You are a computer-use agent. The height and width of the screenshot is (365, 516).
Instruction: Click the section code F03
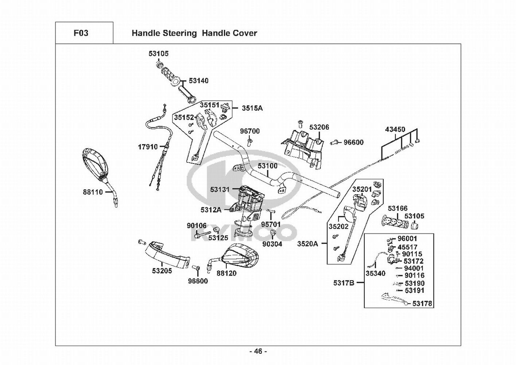(81, 33)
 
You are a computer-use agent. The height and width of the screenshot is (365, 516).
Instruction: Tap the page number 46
(258, 351)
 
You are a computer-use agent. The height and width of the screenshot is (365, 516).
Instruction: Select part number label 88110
(93, 192)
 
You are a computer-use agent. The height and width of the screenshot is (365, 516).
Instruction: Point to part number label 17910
(148, 147)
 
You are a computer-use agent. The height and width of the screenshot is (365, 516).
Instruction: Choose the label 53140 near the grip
(199, 81)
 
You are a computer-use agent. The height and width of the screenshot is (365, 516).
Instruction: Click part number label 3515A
(252, 108)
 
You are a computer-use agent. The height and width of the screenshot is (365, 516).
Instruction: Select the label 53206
(319, 127)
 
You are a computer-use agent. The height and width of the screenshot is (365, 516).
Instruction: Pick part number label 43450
(395, 130)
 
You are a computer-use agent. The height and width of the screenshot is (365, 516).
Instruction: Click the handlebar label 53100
(267, 166)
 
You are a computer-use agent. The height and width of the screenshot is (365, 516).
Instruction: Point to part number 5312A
(211, 210)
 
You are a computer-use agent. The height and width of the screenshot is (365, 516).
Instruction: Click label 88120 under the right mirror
(226, 273)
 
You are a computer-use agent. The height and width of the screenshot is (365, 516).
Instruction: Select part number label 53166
(397, 208)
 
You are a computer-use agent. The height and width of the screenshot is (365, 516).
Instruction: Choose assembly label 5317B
(344, 283)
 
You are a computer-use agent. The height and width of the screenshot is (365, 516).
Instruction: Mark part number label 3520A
(307, 244)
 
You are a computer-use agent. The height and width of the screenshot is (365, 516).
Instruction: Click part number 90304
(272, 244)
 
